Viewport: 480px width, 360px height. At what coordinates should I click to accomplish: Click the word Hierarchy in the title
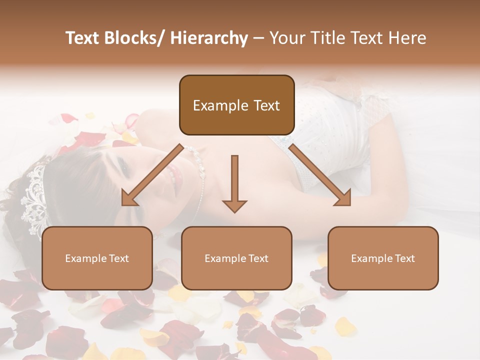[209, 38]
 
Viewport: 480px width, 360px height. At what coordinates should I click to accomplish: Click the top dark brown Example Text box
[236, 105]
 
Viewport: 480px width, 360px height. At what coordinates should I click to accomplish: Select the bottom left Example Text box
[97, 258]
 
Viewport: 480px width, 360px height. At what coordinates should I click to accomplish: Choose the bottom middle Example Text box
[236, 258]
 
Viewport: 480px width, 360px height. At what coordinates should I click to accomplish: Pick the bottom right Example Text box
[383, 258]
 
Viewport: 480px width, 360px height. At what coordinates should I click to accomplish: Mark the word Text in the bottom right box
[404, 258]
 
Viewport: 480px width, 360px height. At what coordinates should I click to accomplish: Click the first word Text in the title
[82, 38]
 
